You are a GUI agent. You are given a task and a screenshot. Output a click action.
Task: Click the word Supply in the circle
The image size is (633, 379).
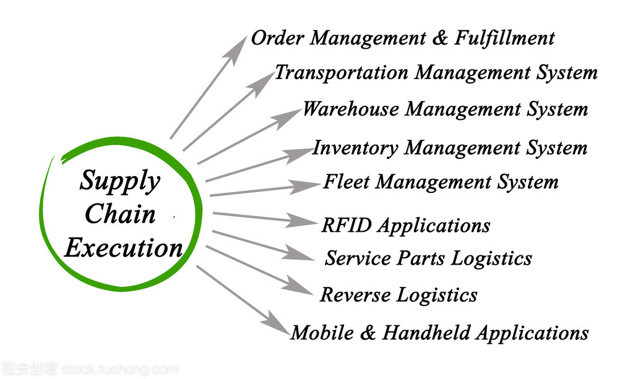(x=119, y=181)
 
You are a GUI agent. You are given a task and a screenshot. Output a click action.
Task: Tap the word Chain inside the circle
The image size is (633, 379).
(x=120, y=214)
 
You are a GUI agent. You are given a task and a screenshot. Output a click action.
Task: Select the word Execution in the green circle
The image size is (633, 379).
(x=123, y=248)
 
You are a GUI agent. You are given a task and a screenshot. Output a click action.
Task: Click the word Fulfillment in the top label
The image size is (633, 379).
(x=504, y=38)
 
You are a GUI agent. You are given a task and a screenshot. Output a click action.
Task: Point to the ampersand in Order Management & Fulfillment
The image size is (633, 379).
(x=440, y=38)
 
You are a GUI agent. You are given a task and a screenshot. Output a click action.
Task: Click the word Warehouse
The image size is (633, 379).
(x=350, y=110)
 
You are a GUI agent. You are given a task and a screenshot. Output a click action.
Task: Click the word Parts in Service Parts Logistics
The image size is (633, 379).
(x=423, y=258)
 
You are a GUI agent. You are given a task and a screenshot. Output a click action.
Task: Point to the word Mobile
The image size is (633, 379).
(x=322, y=333)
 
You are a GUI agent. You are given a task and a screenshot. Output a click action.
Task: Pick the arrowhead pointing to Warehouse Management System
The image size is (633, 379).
(x=288, y=116)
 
